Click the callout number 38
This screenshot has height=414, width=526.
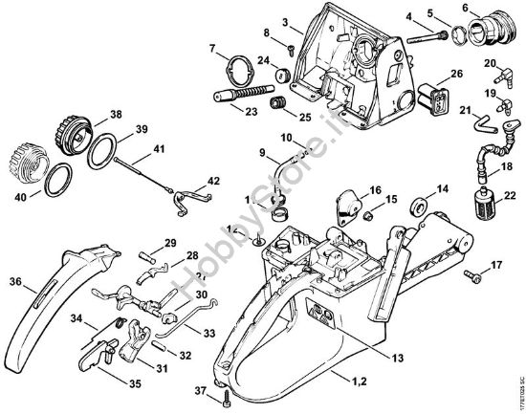(x=116, y=113)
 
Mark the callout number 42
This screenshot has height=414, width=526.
(x=212, y=180)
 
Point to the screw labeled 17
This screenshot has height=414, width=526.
(x=471, y=275)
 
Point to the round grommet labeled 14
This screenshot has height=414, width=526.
(x=417, y=206)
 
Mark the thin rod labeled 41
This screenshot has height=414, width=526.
(x=148, y=173)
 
